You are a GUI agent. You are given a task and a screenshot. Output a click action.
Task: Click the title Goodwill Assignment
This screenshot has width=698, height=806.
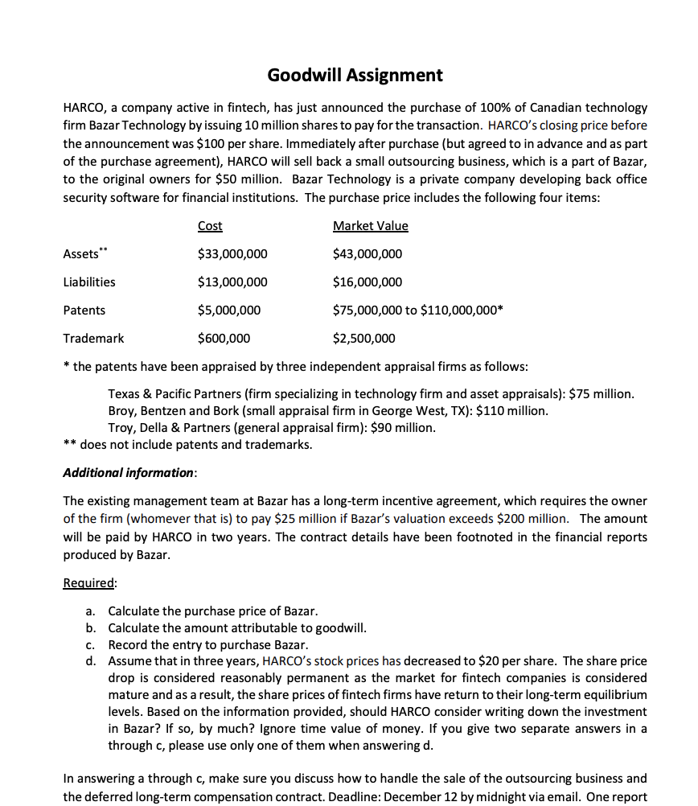355,76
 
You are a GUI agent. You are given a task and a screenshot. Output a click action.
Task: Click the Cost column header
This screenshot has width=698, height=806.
210,226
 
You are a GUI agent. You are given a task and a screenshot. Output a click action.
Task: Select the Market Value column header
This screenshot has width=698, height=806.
370,226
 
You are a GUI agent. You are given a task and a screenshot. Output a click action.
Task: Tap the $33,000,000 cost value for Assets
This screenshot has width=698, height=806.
232,254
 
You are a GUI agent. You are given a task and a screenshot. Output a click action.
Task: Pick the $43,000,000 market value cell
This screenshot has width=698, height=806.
367,254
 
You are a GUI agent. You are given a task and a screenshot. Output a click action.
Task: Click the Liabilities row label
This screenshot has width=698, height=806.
88,282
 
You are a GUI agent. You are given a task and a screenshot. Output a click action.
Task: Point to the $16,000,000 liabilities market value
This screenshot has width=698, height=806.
367,282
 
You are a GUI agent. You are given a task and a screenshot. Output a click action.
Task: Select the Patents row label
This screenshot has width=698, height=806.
84,310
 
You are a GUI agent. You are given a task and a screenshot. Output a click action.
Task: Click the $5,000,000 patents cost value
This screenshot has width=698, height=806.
229,310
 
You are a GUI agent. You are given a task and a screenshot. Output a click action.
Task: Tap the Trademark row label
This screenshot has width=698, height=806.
93,339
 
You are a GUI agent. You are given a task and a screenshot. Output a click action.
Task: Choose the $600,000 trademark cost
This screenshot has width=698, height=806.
224,339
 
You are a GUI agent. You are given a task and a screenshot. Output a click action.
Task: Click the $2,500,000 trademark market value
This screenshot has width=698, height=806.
364,339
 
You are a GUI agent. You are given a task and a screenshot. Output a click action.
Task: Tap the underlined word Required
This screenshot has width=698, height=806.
89,582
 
